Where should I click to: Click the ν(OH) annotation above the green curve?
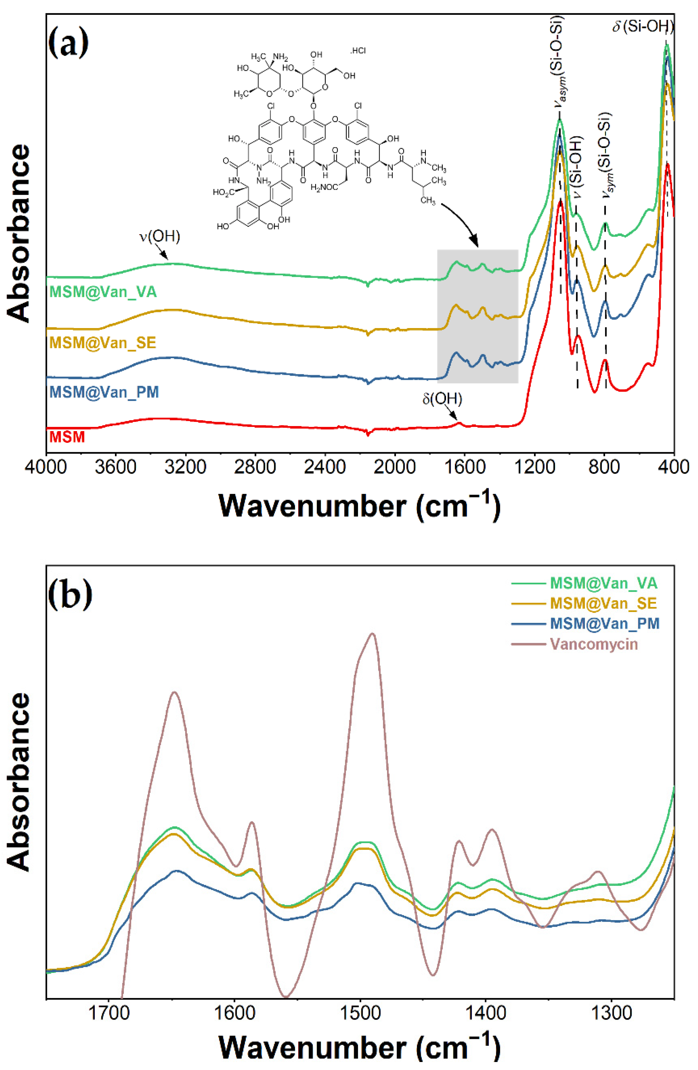pos(160,237)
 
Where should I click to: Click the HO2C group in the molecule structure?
pos(224,193)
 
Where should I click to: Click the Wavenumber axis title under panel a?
pos(359,506)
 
